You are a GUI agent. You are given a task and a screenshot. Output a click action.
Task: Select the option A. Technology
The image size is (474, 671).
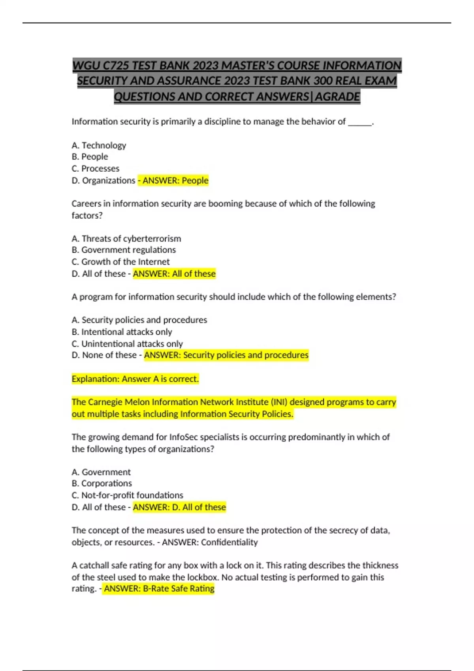[x=99, y=145]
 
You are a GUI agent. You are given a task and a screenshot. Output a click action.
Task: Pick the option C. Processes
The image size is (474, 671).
[x=95, y=169]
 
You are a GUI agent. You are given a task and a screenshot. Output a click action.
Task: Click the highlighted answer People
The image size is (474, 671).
[x=195, y=180]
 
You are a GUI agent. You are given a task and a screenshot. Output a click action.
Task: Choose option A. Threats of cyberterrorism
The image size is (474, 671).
[x=126, y=238]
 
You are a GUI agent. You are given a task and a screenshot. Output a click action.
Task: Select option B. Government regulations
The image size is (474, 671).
[x=124, y=250]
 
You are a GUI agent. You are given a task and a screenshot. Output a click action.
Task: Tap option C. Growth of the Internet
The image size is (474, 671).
[x=120, y=262]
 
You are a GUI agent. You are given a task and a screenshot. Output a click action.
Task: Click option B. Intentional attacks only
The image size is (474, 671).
[x=122, y=332]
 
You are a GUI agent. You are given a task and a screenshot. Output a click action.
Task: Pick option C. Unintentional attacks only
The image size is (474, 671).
[x=127, y=344]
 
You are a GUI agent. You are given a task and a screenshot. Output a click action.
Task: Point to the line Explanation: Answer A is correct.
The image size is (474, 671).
[x=135, y=379]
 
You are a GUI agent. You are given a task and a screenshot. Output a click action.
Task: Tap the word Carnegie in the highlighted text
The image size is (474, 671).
[x=105, y=402]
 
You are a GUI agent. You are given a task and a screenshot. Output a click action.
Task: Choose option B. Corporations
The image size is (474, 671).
[x=102, y=484]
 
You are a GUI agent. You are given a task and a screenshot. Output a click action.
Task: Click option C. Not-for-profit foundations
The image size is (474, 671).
[x=127, y=495]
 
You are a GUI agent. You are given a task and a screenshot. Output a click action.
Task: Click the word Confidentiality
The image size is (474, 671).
[x=229, y=542]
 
